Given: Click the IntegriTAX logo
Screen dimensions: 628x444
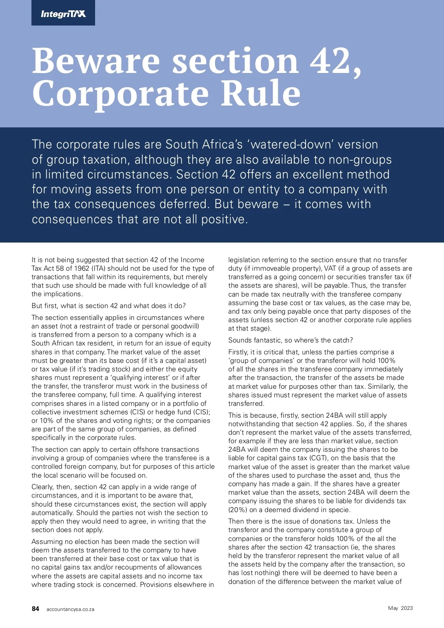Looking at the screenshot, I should [63, 14].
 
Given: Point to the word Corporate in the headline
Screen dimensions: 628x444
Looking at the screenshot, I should [121, 94].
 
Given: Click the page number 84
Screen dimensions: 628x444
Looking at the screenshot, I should [36, 609].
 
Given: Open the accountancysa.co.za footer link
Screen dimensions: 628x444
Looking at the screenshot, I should [70, 609].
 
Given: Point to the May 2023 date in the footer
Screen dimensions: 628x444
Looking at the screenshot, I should [400, 608].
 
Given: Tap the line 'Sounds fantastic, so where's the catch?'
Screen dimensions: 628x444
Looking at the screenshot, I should [290, 340].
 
